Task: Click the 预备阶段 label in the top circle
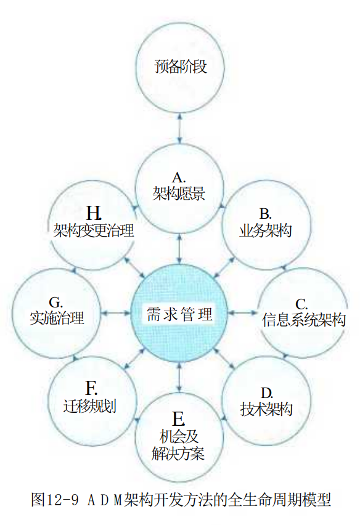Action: coord(180,67)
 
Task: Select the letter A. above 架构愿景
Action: coord(179,177)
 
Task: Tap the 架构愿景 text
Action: coord(179,193)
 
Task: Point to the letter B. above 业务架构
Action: coord(265,214)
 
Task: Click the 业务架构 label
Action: coord(266,230)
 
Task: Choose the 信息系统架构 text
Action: coord(304,320)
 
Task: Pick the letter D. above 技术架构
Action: coord(266,393)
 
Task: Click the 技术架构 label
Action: coord(266,409)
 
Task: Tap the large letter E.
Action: coord(179,419)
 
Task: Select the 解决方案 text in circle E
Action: coord(178,454)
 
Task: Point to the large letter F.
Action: coord(91,388)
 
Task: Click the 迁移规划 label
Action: coord(90,407)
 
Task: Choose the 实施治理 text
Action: coord(57,318)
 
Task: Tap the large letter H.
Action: coord(94,213)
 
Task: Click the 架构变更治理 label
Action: coord(94,230)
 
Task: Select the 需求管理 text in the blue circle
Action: coord(179,314)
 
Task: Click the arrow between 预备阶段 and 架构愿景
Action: coord(180,129)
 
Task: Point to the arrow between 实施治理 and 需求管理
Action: coord(115,313)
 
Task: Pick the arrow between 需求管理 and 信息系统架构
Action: coord(243,313)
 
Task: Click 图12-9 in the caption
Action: coord(55,500)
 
